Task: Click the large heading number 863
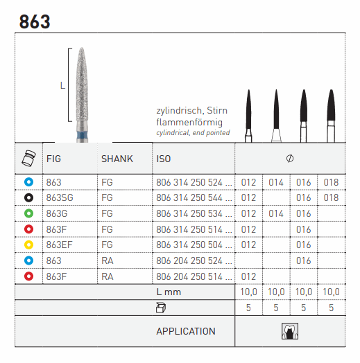(35, 21)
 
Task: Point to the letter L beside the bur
(62, 85)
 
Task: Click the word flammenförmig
(189, 123)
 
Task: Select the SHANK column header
(117, 159)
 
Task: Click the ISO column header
(164, 159)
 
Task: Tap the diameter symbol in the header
(290, 159)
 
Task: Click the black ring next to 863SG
(28, 197)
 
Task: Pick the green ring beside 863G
(28, 213)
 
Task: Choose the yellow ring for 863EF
(28, 245)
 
